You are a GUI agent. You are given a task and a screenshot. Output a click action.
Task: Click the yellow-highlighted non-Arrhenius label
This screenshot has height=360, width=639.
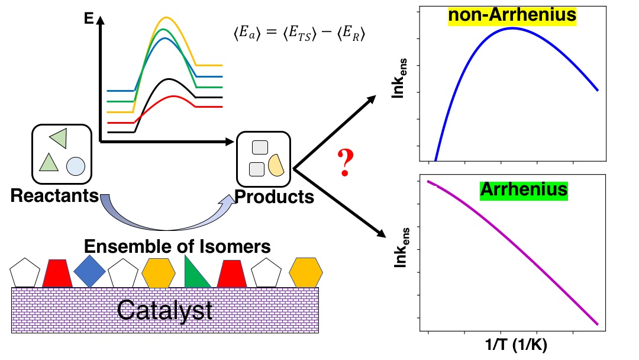point(512,15)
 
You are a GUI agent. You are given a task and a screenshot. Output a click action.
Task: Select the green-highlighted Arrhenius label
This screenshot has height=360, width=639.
point(524,190)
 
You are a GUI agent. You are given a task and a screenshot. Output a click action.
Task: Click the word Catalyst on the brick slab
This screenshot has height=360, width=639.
point(164,310)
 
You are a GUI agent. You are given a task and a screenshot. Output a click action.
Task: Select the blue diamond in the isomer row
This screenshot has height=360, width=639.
point(90,272)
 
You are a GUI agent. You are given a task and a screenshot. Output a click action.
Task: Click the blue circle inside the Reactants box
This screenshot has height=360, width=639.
point(75,166)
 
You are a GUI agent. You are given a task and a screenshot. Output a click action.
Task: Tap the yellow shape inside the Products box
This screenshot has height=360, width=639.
point(276,165)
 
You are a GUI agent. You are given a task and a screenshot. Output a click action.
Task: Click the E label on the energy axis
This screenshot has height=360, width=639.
point(89,19)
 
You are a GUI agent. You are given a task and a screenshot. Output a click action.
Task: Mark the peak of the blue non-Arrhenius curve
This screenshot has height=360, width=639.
point(512,28)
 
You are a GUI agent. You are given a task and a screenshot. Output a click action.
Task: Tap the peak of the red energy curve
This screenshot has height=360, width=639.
point(172,96)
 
